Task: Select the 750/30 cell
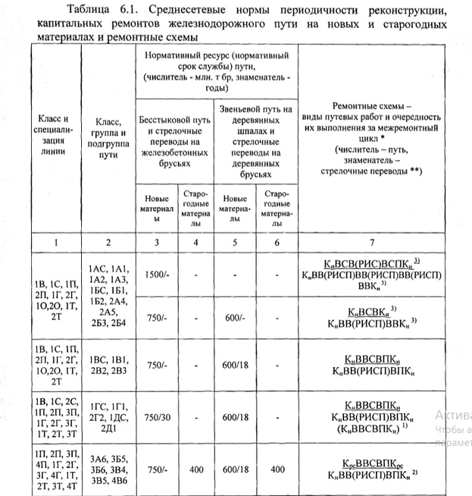point(157,416)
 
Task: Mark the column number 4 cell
point(196,242)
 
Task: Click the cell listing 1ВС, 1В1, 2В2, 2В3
point(109,364)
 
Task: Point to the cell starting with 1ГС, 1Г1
point(109,416)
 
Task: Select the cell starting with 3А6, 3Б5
point(109,469)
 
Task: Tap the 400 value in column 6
point(277,469)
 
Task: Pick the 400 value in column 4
point(196,469)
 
